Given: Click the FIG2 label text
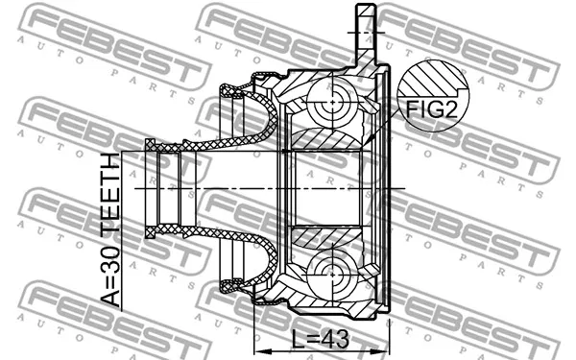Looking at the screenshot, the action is coord(432,109).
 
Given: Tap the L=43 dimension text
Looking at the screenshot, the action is coord(320,340).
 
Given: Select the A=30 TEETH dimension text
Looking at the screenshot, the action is coord(110,230).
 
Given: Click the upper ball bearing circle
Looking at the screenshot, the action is coord(332,103).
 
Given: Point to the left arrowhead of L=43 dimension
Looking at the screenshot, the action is coord(260,351).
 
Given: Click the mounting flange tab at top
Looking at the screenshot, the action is coord(366,33).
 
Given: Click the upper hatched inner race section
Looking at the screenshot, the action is coord(326,139).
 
